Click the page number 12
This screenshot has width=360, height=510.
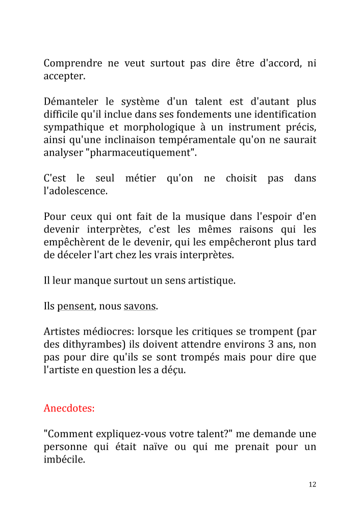point(312,484)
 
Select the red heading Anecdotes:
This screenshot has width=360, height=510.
point(69,409)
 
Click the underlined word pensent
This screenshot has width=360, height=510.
point(75,307)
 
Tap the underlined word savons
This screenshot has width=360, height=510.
point(140,307)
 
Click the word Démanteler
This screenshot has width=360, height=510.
point(71,102)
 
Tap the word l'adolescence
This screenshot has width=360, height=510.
point(75,191)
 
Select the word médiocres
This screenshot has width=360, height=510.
point(105,332)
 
